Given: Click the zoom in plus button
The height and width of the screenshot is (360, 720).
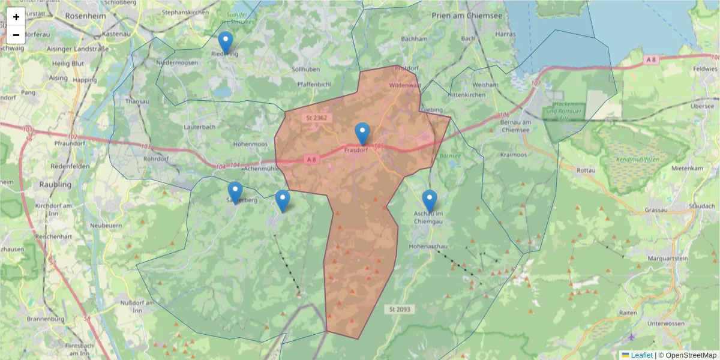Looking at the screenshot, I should pyautogui.click(x=16, y=17).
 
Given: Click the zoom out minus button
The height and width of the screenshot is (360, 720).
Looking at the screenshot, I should pyautogui.click(x=16, y=35).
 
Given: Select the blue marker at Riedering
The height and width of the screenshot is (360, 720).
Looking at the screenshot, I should pyautogui.click(x=225, y=43).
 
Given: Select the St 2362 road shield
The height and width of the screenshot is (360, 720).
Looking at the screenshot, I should pyautogui.click(x=316, y=118).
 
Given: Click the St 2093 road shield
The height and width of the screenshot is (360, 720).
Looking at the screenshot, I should pyautogui.click(x=399, y=309).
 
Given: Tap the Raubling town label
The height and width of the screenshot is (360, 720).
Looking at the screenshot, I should pyautogui.click(x=55, y=185).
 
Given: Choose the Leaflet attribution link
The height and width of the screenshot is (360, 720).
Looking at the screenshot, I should pyautogui.click(x=641, y=355).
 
